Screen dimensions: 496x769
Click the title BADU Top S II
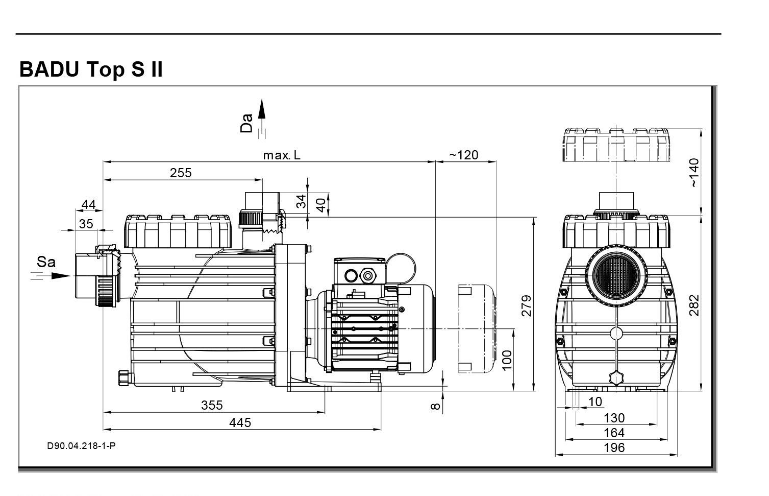point(91,69)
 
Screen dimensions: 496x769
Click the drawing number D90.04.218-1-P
point(81,446)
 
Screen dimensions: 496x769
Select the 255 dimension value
point(181,173)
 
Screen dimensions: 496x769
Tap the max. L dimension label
point(282,155)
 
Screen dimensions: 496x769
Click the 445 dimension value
point(240,422)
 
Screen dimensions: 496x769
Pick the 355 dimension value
point(212,405)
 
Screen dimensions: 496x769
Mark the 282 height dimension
point(694,305)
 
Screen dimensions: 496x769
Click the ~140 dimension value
point(694,173)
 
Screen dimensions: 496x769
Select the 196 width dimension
point(614,448)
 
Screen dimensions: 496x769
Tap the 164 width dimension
point(614,433)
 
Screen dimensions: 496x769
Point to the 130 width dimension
point(614,418)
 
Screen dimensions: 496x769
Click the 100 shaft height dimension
point(506,361)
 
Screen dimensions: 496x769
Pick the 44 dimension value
point(88,205)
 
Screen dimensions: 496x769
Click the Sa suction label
point(46,263)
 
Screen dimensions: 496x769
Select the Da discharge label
point(247,123)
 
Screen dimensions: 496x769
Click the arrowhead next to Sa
point(61,276)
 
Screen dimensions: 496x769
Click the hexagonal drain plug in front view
point(616,379)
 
